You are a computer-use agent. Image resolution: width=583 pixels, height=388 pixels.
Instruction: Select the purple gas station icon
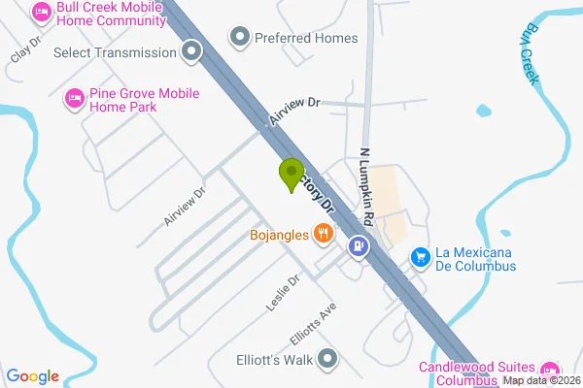pos(360,246)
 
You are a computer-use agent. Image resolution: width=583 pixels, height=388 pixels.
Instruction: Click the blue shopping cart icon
pos(420,256)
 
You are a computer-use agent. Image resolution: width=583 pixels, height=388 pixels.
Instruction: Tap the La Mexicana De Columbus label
pos(475,259)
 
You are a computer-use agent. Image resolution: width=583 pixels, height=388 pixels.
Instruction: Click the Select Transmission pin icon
pos(191,51)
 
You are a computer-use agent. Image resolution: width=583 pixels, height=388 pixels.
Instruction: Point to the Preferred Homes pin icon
pos(239,38)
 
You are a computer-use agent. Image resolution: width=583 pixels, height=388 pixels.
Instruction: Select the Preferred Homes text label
pos(306,38)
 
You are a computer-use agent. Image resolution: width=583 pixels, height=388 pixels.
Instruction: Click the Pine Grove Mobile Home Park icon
pos(72,97)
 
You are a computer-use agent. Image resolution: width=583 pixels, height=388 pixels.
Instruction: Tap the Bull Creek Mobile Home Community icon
pos(41,12)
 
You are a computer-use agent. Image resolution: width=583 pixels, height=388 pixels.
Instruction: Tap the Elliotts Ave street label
pos(312,326)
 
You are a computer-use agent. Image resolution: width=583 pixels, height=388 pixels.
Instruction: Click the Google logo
pos(33,376)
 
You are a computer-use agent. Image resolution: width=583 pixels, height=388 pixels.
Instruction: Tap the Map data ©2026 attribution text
pos(541,380)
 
